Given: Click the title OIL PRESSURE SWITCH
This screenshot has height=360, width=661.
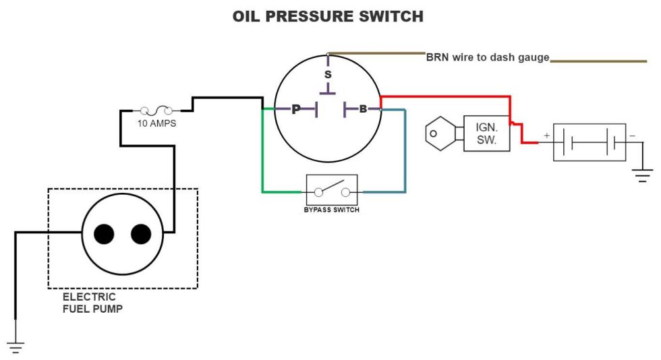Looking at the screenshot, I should [328, 17].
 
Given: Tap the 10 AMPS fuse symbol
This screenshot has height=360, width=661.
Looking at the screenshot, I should [156, 109].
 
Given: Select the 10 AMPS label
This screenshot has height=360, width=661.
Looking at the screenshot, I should [156, 124].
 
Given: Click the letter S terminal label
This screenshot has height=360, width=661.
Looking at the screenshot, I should [328, 74].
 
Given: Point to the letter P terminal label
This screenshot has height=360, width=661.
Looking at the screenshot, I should [295, 109].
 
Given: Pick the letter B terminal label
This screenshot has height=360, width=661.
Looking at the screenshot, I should [363, 109].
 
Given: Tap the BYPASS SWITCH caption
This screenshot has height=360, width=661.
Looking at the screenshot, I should [331, 210].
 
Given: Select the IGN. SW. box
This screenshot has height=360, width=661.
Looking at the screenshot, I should [486, 133].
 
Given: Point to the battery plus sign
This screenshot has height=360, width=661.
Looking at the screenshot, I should [546, 136].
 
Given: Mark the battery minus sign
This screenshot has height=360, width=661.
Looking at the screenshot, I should [632, 136].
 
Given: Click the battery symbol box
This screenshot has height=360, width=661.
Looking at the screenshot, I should [589, 142].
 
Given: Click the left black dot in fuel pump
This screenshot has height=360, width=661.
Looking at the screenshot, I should [104, 234].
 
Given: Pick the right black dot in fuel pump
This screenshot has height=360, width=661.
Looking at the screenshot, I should [141, 234].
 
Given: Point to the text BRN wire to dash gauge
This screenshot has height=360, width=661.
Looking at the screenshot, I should [488, 58].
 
